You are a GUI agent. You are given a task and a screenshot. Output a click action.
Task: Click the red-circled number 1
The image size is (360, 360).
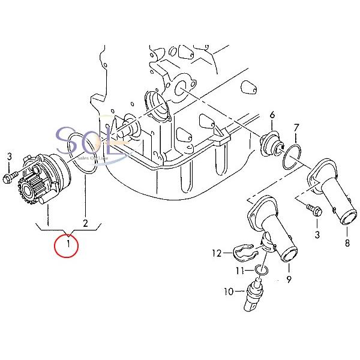67,245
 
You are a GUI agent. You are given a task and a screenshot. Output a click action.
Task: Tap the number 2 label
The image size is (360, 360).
86,224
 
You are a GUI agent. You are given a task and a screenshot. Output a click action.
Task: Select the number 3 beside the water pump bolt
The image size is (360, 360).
9,157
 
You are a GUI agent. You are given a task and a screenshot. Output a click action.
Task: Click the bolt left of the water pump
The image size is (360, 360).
11,177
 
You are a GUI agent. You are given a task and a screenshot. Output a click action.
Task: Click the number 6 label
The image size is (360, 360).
272,115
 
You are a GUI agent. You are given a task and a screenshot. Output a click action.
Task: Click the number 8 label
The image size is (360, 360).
346,243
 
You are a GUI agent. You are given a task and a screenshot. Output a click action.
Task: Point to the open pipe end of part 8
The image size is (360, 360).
347,219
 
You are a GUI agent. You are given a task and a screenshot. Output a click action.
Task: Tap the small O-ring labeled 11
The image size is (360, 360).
258,271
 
